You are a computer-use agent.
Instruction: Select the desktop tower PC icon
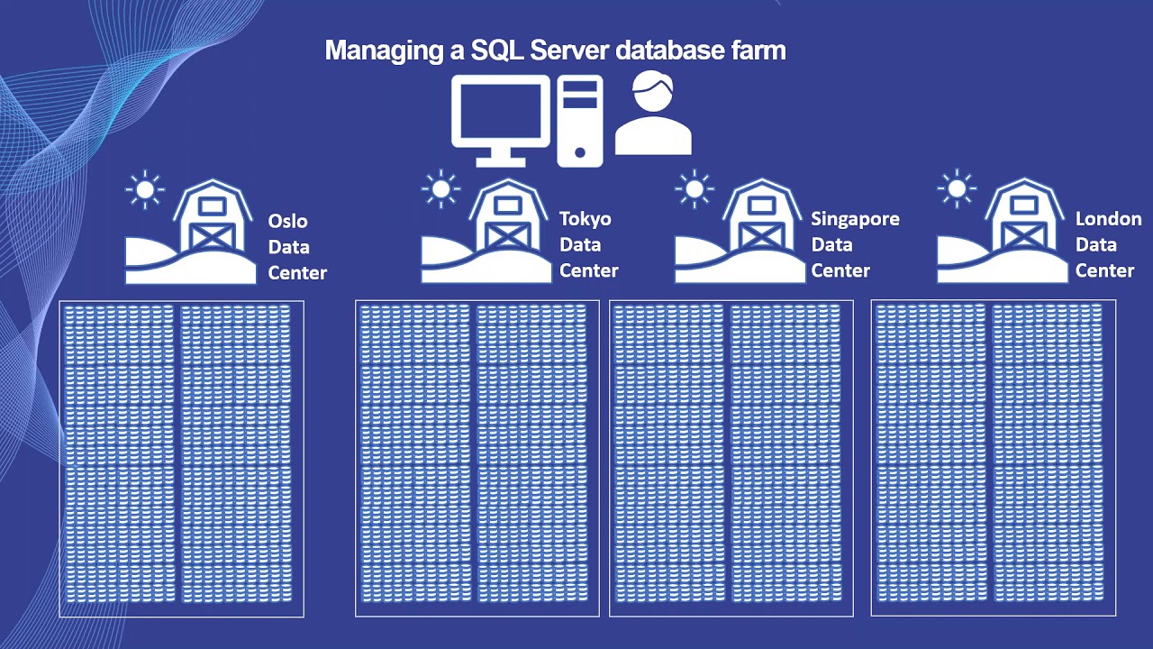tap(579, 121)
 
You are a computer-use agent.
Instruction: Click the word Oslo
tap(287, 221)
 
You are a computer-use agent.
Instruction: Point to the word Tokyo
tap(586, 219)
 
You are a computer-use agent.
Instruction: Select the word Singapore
tap(855, 219)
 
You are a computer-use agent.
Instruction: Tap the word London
tap(1108, 219)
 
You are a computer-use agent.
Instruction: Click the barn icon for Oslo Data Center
tap(213, 221)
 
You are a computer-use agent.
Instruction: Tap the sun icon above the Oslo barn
tap(145, 189)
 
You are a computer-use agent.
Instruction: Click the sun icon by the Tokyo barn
tap(440, 189)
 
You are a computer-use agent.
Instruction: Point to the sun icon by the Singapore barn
tap(694, 189)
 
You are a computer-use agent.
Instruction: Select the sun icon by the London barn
tap(956, 189)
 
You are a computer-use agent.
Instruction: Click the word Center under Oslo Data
tap(297, 272)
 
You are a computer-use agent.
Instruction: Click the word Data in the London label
tap(1096, 244)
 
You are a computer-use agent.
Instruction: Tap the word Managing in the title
tap(384, 50)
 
